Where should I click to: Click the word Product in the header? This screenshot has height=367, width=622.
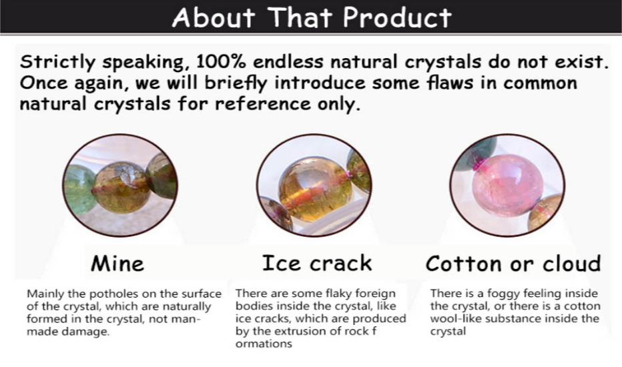click(397, 17)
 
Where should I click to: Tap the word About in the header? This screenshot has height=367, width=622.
click(214, 17)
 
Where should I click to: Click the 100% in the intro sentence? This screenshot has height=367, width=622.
click(221, 61)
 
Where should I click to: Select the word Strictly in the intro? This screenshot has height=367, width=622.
click(57, 63)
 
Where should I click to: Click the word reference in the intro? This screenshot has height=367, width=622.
click(262, 104)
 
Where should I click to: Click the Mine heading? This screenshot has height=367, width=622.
click(117, 264)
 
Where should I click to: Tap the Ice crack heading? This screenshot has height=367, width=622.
click(317, 264)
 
